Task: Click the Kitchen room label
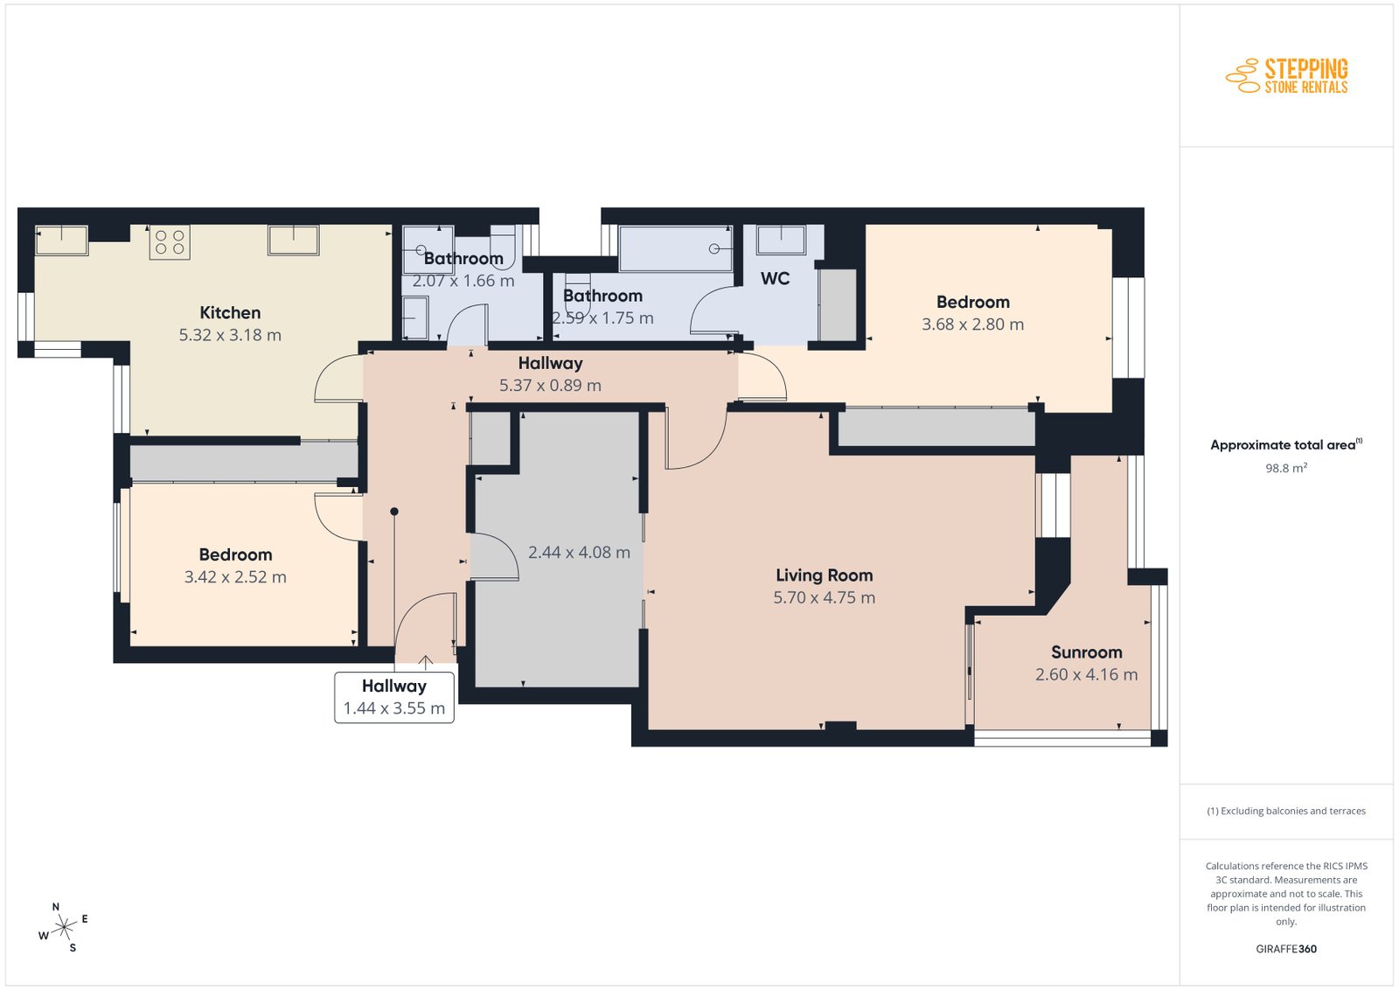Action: [x=230, y=312]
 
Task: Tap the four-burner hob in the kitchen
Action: [x=170, y=242]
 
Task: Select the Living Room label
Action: [x=824, y=575]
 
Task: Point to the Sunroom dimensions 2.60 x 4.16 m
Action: [x=1086, y=674]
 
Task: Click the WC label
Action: [x=775, y=278]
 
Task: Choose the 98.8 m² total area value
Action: [x=1286, y=468]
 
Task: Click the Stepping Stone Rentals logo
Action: [x=1286, y=76]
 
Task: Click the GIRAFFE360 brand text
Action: [x=1286, y=949]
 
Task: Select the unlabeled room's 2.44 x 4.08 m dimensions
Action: [x=579, y=552]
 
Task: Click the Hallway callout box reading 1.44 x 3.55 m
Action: [x=394, y=697]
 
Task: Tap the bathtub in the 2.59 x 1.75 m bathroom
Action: [x=675, y=248]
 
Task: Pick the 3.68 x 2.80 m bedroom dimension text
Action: [x=972, y=324]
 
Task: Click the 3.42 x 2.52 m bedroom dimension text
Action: [x=235, y=576]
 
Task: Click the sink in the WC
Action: [x=781, y=240]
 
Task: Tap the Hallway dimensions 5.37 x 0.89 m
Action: [x=550, y=385]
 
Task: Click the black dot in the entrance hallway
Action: [x=394, y=512]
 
